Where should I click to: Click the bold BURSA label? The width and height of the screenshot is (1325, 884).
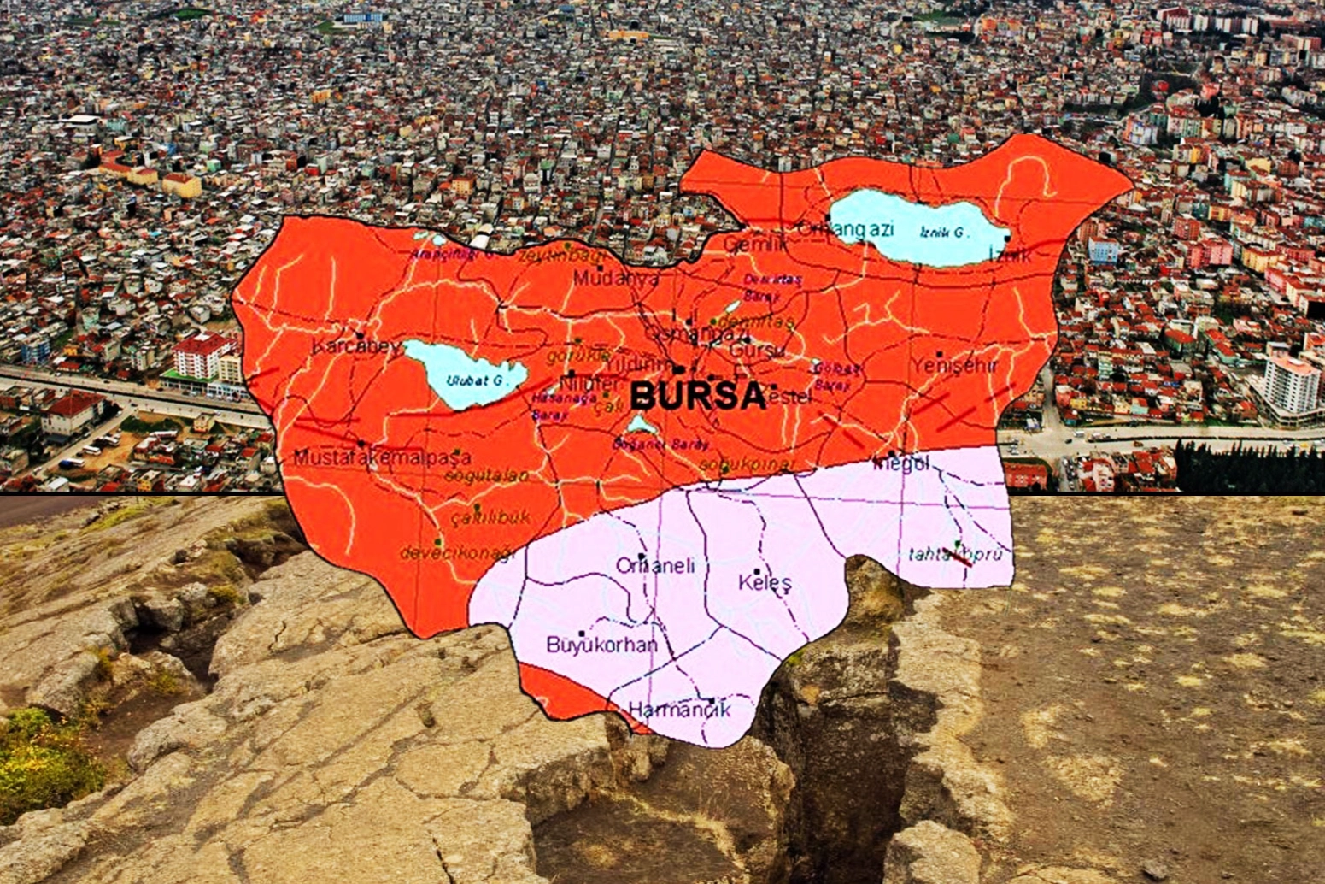(x=697, y=396)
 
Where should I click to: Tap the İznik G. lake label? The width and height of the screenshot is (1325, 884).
(x=943, y=233)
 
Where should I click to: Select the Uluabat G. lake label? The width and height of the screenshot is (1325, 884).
(x=472, y=379)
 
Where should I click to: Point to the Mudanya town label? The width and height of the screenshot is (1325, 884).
(x=616, y=279)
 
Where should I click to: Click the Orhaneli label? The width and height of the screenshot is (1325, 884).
(x=655, y=565)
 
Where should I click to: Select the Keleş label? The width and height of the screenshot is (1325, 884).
(x=765, y=583)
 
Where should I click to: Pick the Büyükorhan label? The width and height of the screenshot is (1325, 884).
(x=601, y=645)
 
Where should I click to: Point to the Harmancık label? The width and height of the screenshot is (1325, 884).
(x=679, y=709)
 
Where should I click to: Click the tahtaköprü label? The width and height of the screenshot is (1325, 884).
(x=954, y=554)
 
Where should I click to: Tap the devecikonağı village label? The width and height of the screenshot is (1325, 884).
(x=458, y=554)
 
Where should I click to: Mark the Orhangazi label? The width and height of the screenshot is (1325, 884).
(x=845, y=229)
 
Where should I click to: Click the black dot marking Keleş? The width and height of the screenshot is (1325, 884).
(x=757, y=570)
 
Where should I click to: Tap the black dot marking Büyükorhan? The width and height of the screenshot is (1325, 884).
(x=582, y=634)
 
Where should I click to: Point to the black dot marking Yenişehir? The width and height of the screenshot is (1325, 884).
(x=939, y=353)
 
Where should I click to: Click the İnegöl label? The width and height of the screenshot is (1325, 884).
(x=900, y=463)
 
